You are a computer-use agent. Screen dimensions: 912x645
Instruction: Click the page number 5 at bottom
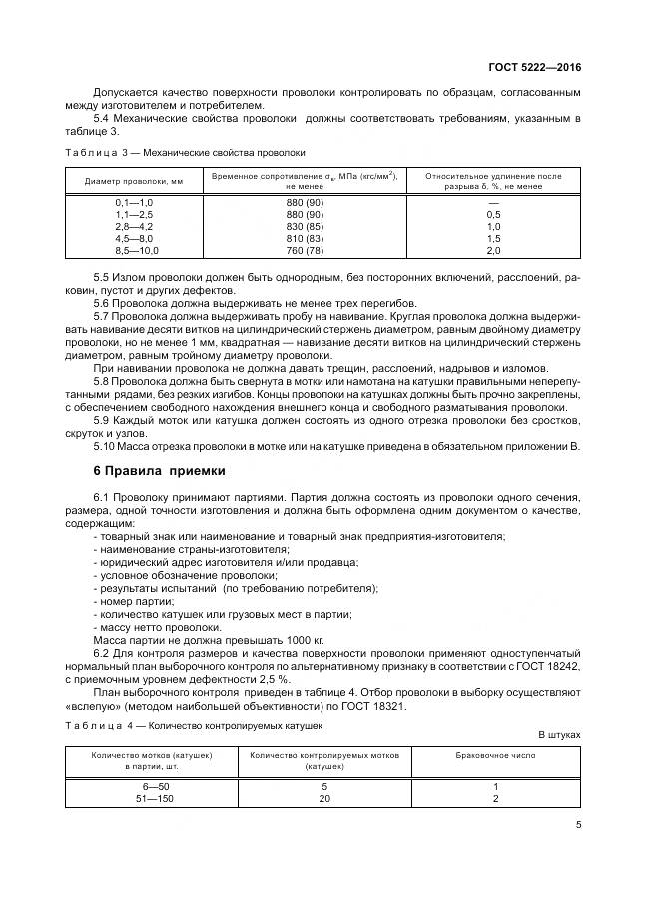(578, 824)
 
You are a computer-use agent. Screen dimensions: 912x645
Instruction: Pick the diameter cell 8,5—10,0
(137, 250)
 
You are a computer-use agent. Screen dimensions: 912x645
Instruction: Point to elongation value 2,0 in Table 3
(493, 250)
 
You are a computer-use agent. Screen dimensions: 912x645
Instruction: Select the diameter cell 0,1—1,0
(137, 204)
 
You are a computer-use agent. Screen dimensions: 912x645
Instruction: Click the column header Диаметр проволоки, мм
(134, 181)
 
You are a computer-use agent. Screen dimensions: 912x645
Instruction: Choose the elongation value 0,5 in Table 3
(493, 216)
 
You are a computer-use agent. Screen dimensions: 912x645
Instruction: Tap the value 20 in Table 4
(324, 799)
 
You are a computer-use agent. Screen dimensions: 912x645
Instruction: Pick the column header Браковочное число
(495, 755)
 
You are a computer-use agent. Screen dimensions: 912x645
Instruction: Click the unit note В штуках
(559, 735)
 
